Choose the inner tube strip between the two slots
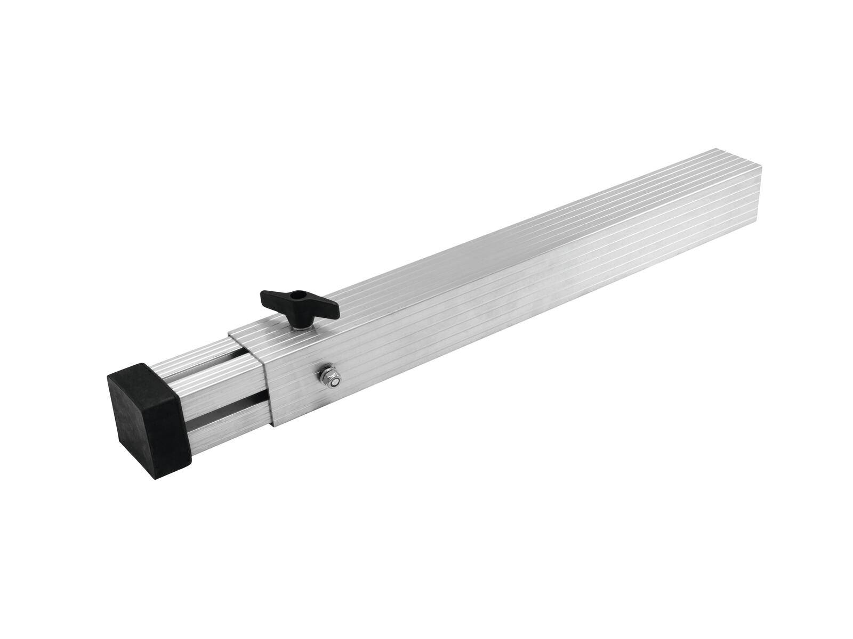pyautogui.click(x=213, y=381)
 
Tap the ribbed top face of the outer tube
pyautogui.click(x=480, y=266)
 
